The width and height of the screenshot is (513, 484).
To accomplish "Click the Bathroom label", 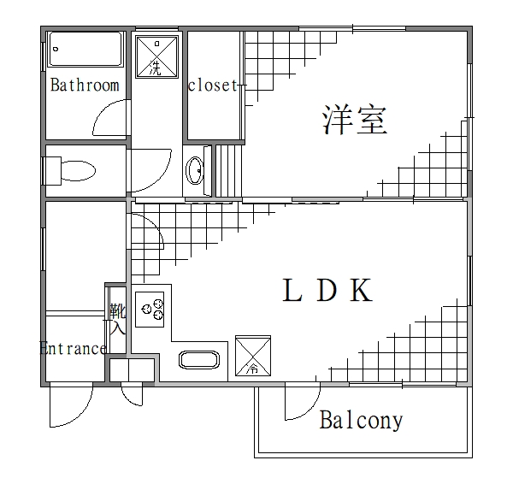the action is point(84,85).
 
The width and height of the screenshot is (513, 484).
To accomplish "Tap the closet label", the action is point(212,85).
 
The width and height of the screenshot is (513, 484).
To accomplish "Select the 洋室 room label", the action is point(355,120).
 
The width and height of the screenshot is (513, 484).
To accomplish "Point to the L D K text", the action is point(327,292).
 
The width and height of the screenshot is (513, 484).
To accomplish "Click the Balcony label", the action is point(360,421).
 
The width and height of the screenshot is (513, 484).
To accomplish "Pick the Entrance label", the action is point(73,349).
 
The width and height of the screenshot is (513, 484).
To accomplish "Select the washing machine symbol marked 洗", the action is point(156,56).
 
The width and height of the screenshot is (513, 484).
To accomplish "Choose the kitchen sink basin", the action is point(200,360).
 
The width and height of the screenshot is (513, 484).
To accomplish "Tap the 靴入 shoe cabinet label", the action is point(116,318).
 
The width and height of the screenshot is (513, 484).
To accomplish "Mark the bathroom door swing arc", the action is point(109,120).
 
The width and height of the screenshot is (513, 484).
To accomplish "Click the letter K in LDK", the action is point(361,292).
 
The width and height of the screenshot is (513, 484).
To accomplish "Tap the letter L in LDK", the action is point(292,292).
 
